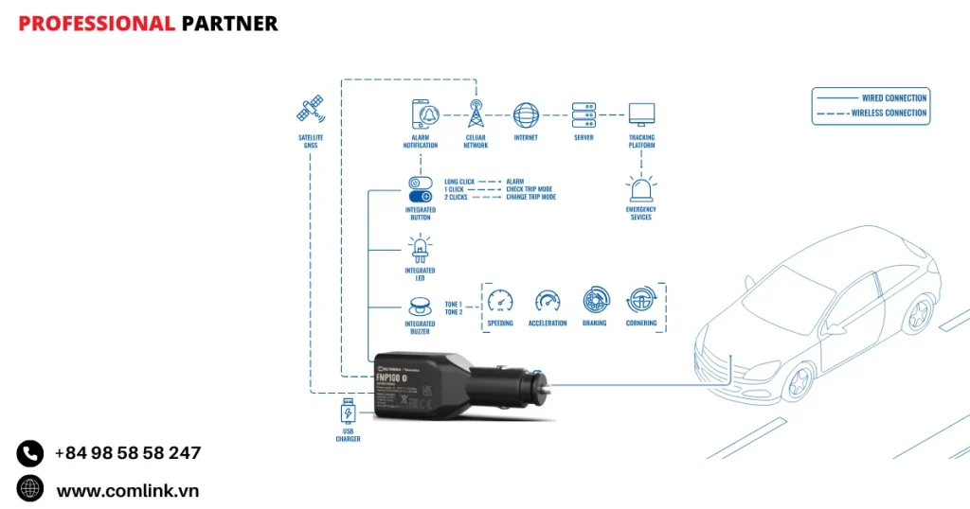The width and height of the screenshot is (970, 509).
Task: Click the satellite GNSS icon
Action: tap(310, 110)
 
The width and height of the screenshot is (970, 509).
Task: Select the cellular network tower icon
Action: tap(476, 114)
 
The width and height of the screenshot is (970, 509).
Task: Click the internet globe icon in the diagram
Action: tap(526, 114)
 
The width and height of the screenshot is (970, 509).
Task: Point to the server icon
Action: tap(584, 114)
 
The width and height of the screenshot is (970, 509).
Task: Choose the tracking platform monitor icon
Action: tap(641, 114)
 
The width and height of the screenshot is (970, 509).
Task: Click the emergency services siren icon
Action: tap(641, 186)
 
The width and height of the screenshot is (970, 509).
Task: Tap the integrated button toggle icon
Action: tap(420, 186)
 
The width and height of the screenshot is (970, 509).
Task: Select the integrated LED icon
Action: tap(420, 249)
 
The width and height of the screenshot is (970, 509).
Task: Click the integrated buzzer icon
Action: tap(420, 306)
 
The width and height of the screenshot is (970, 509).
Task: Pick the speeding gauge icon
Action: tap(500, 301)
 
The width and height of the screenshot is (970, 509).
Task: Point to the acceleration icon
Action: tap(548, 301)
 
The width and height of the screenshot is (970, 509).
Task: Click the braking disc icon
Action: tap(595, 300)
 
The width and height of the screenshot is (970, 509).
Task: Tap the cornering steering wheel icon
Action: tap(641, 300)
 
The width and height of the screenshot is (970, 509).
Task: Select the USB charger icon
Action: tap(348, 413)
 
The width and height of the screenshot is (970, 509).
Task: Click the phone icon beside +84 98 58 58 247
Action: tap(30, 454)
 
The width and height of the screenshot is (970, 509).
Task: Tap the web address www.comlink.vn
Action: tap(127, 490)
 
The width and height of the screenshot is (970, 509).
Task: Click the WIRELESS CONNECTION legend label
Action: tap(889, 114)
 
